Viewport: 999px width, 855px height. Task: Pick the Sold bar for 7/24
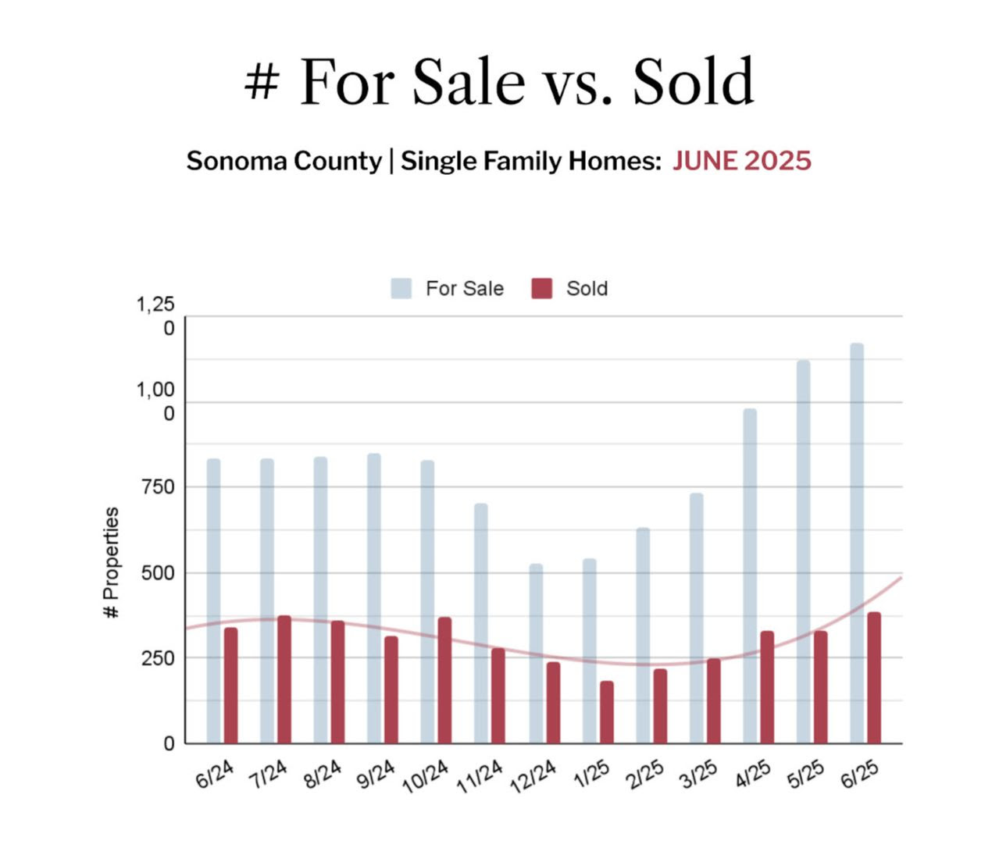pyautogui.click(x=284, y=679)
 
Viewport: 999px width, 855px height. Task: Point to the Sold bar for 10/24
pyautogui.click(x=444, y=680)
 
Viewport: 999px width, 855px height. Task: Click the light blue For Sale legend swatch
pyautogui.click(x=401, y=289)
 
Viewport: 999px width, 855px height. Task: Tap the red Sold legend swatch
pyautogui.click(x=542, y=289)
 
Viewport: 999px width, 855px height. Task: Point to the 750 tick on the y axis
pyautogui.click(x=159, y=487)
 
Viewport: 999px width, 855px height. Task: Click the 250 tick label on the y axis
pyautogui.click(x=159, y=658)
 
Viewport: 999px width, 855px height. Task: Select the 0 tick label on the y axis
pyautogui.click(x=169, y=744)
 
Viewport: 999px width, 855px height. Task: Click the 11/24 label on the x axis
pyautogui.click(x=480, y=778)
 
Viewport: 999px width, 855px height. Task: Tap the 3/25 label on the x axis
pyautogui.click(x=698, y=775)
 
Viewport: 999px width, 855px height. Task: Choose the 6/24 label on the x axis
pyautogui.click(x=214, y=775)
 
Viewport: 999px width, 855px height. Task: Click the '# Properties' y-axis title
pyautogui.click(x=112, y=563)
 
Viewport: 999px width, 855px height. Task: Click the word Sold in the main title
pyautogui.click(x=694, y=82)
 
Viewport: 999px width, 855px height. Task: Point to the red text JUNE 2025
pyautogui.click(x=742, y=161)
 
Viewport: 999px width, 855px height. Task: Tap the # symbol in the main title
pyautogui.click(x=261, y=82)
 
